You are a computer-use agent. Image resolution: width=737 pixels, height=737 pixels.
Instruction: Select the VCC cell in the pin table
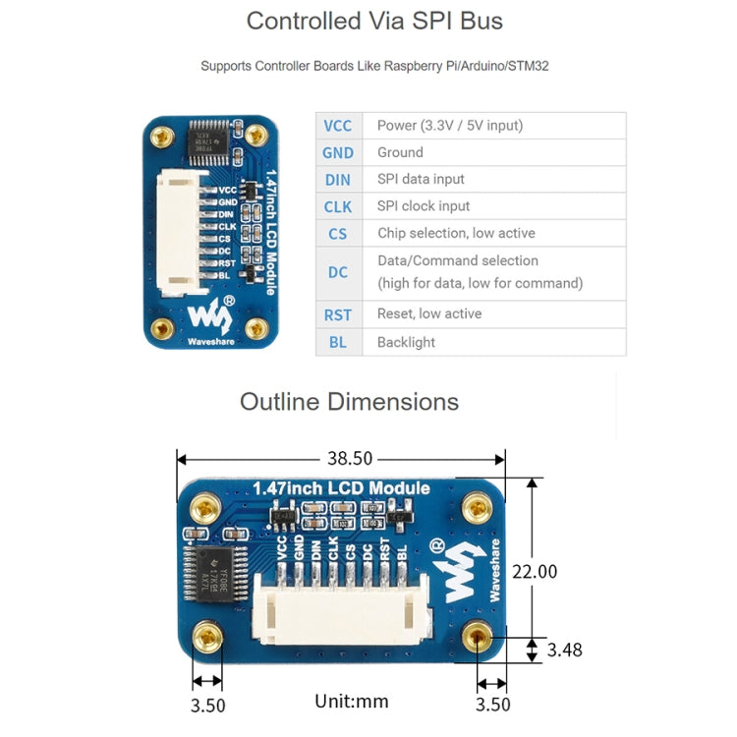(x=338, y=126)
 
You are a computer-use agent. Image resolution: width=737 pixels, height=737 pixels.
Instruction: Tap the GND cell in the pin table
(x=338, y=152)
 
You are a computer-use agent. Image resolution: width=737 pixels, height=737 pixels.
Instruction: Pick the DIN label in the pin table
(x=338, y=180)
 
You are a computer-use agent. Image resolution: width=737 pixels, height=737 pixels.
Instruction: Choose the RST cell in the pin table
(x=338, y=314)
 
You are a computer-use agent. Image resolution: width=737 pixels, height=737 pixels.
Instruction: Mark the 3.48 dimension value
(x=564, y=650)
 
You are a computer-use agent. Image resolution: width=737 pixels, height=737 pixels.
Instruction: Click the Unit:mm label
(x=351, y=701)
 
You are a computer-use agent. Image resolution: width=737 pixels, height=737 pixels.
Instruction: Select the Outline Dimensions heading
(x=349, y=401)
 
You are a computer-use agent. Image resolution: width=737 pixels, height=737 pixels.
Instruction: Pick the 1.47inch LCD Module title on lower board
(x=341, y=488)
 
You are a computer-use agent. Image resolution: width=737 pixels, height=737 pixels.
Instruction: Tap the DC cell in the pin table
(x=338, y=272)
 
